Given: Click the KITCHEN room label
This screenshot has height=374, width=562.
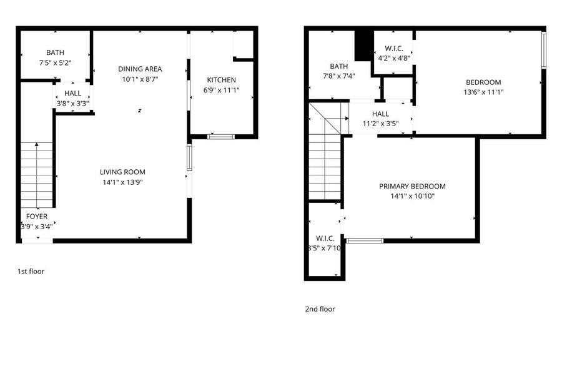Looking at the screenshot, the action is click(x=221, y=80).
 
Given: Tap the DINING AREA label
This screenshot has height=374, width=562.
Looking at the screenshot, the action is click(x=140, y=69).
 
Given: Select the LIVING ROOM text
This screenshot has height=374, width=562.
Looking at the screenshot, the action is click(x=122, y=172).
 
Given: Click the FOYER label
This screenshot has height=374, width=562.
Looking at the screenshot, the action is click(x=37, y=217).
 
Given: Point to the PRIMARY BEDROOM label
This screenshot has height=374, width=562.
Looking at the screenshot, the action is click(x=412, y=186).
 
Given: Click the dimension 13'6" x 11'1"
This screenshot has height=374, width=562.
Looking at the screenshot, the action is click(x=483, y=92).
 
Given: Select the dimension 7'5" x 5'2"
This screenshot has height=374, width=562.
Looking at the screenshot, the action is click(x=55, y=63).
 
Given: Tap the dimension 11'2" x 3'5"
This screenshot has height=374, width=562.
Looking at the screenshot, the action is click(x=380, y=124).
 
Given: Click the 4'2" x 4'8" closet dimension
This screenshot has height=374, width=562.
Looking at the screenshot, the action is click(x=394, y=58).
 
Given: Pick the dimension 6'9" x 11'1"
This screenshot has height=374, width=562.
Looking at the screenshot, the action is click(x=221, y=91).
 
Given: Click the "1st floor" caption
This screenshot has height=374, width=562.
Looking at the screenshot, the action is click(x=31, y=272).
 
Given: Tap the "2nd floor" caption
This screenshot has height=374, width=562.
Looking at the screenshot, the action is click(x=320, y=309).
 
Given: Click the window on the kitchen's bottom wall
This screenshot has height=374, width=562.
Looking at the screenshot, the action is click(x=221, y=137).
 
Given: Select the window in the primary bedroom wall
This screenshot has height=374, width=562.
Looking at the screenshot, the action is click(x=365, y=241).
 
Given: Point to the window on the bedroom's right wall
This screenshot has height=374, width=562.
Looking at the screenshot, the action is click(x=544, y=50).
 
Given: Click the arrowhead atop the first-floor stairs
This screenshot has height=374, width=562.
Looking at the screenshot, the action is click(x=37, y=144).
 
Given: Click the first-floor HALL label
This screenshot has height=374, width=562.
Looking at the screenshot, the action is click(x=73, y=94).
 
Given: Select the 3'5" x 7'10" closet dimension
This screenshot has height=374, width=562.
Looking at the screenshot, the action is click(x=324, y=248).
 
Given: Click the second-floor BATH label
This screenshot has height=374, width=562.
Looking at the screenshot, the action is click(x=338, y=66).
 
